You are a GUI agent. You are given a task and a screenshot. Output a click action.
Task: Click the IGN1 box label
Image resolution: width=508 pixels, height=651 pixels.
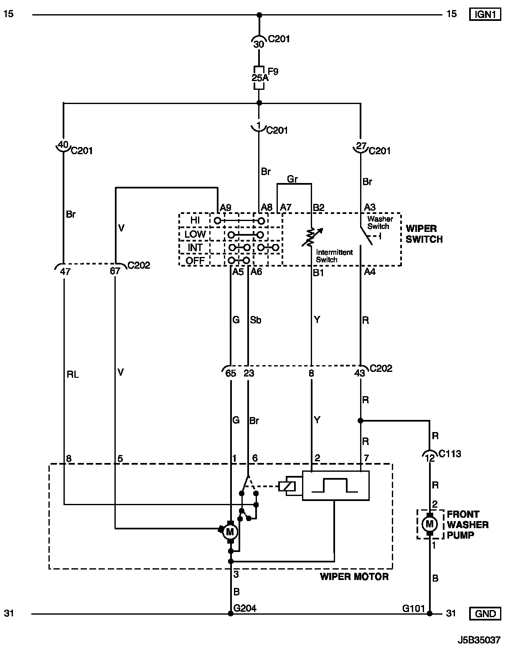tap(485, 15)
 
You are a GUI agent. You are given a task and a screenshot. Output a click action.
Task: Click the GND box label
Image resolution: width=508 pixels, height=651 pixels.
tap(485, 613)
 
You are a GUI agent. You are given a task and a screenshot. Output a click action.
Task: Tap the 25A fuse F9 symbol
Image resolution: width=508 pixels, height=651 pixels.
tap(259, 78)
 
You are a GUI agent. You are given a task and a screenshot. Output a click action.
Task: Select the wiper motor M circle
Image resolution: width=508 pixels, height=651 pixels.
tap(229, 531)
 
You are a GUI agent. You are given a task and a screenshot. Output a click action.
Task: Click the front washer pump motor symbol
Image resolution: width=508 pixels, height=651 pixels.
tap(429, 524)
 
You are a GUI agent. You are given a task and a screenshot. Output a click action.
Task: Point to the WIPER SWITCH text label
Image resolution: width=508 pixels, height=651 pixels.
tap(424, 234)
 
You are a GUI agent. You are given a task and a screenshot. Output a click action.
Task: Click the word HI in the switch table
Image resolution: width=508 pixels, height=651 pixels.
tap(195, 220)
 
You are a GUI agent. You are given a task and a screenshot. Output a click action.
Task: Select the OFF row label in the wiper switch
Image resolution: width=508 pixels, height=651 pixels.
tap(195, 261)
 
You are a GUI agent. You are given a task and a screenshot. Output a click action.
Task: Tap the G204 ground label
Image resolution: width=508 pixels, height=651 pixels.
tap(245, 608)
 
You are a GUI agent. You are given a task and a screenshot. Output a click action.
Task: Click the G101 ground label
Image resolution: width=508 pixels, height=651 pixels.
tap(412, 608)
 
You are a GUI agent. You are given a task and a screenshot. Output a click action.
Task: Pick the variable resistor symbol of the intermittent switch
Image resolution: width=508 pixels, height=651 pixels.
tap(311, 237)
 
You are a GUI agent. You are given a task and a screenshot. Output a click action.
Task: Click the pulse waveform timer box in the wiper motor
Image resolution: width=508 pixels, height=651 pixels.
tap(335, 486)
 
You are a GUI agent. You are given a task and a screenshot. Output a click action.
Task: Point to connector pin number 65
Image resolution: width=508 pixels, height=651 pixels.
tap(231, 373)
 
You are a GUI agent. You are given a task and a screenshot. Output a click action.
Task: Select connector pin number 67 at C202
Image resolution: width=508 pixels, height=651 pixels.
tap(115, 271)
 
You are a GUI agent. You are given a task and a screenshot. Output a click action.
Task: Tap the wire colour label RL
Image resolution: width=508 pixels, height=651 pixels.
tap(73, 374)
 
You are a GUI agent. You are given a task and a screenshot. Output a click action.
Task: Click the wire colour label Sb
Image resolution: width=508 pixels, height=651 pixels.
tap(256, 320)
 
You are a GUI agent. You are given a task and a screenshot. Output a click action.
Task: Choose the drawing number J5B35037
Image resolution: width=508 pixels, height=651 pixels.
tap(479, 640)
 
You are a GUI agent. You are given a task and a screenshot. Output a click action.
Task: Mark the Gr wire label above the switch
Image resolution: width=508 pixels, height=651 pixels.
tap(292, 179)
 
